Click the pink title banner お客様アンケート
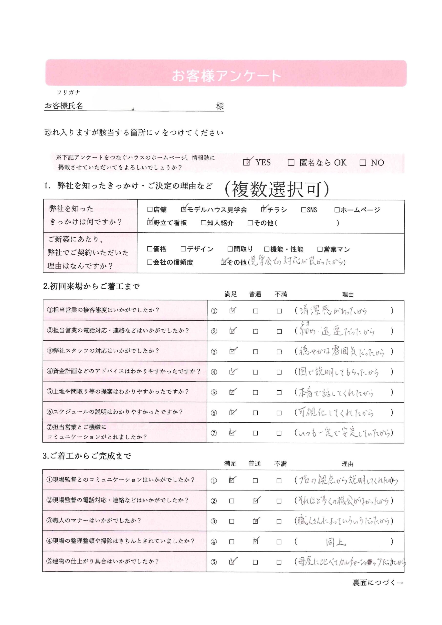(x=226, y=73)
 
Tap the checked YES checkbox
(x=246, y=163)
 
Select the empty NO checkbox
(x=362, y=163)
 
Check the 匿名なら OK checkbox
(x=291, y=163)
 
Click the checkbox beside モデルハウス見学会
(x=184, y=210)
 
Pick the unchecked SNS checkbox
(x=303, y=210)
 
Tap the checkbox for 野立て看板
(x=150, y=223)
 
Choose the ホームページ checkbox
(x=337, y=210)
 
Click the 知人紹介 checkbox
(x=203, y=223)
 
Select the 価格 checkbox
(x=149, y=249)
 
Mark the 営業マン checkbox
(x=320, y=249)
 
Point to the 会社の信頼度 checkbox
(x=149, y=262)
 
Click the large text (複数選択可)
(x=276, y=189)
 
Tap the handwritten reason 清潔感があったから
(x=333, y=311)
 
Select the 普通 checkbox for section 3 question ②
(x=255, y=501)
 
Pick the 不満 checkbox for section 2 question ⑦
(x=279, y=433)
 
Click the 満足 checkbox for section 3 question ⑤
(x=232, y=562)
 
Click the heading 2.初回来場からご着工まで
(x=92, y=286)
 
